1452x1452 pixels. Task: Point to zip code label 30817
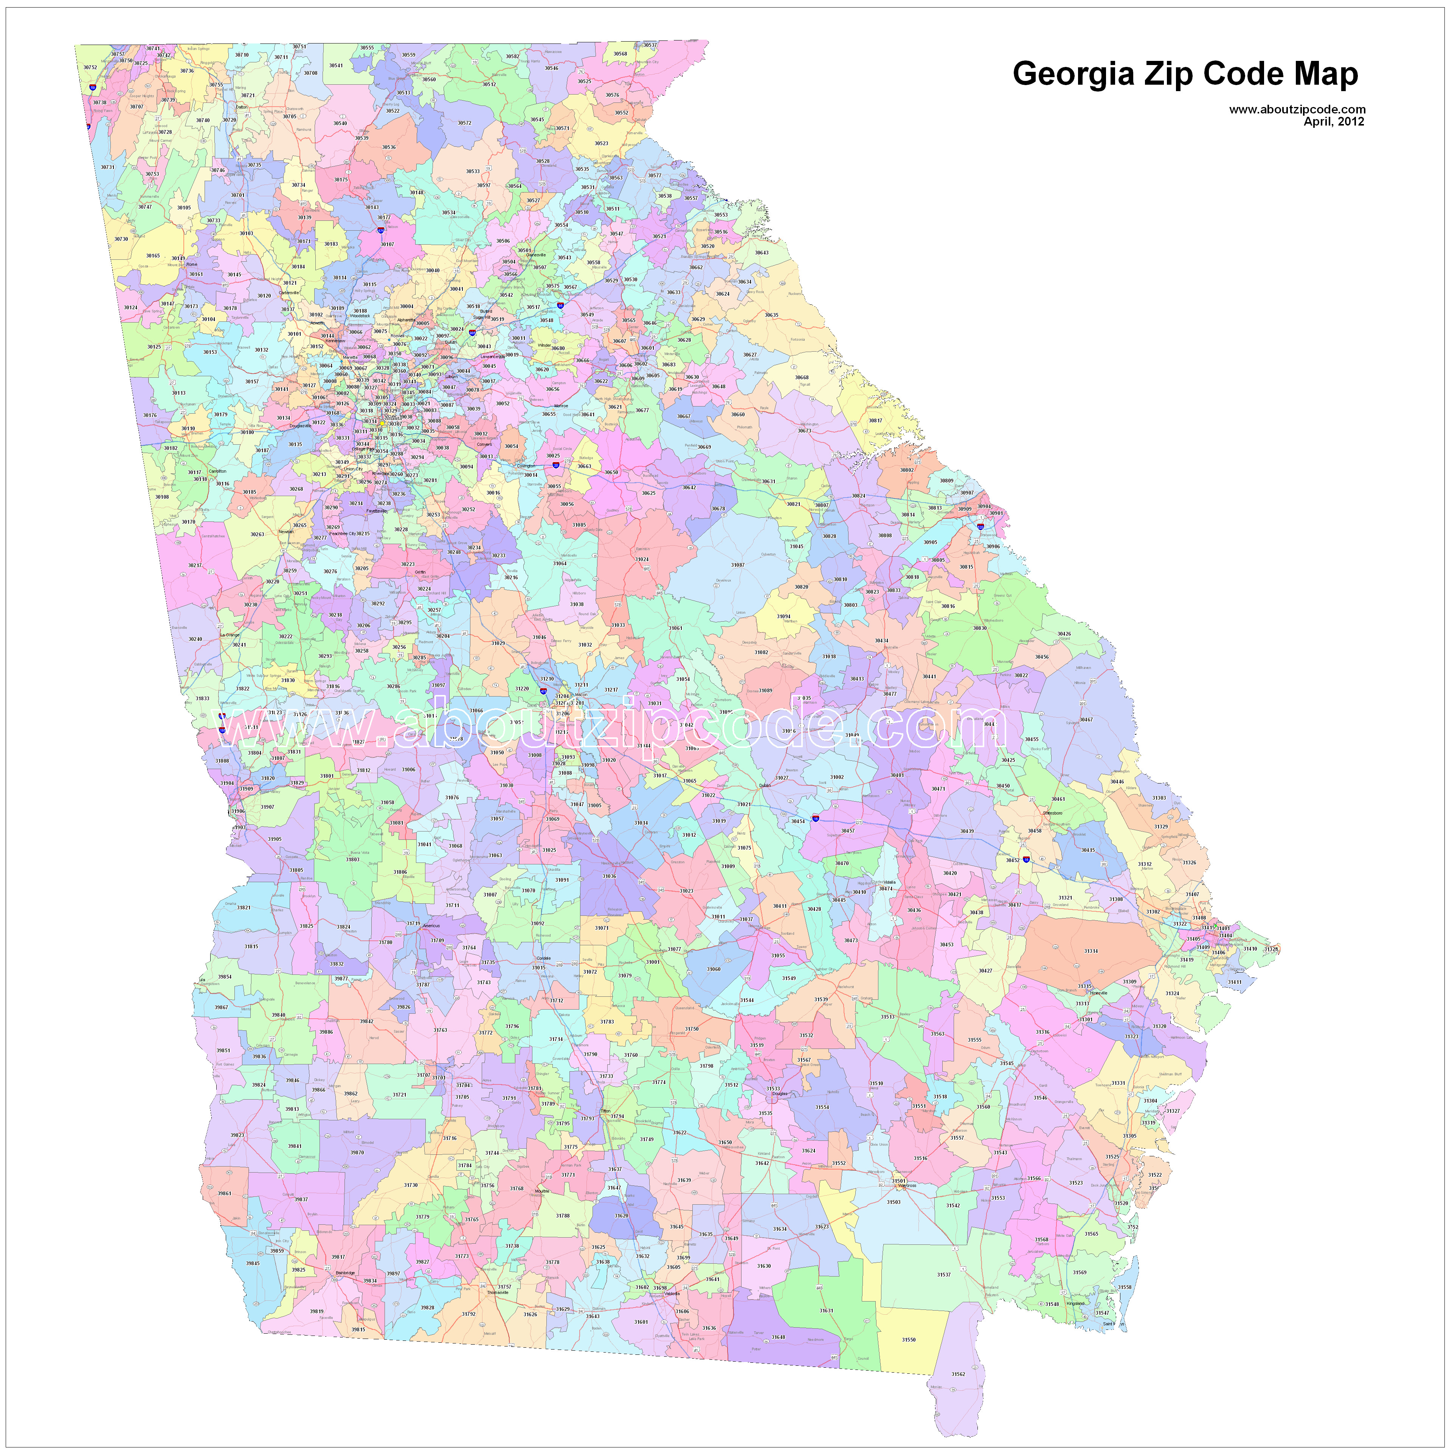click(x=876, y=420)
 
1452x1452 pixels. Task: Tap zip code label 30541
click(x=336, y=65)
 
